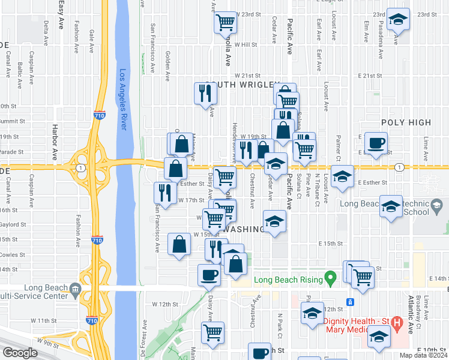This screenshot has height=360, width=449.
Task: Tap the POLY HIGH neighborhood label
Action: coord(406,122)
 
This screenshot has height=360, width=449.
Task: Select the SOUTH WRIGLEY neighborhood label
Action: coord(243,85)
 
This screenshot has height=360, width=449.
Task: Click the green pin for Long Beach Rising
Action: coord(329,278)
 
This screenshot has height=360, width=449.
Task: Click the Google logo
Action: coord(20,353)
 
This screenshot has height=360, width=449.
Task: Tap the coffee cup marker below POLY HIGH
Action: coord(376,143)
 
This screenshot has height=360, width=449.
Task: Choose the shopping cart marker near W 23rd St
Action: coord(225,23)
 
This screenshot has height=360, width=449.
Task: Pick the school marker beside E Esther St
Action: coord(342,177)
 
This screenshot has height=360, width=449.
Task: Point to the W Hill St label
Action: coord(245,44)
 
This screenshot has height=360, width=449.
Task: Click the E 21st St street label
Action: coord(370,76)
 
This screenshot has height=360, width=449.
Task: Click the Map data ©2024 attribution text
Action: coord(423,355)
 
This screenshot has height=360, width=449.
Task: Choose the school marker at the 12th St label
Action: coord(312,313)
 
